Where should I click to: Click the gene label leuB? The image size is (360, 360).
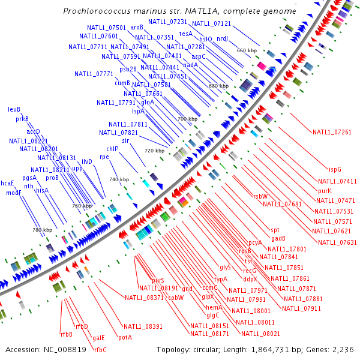(14, 109)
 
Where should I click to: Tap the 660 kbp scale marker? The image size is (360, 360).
(247, 50)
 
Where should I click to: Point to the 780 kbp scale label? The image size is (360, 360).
(42, 230)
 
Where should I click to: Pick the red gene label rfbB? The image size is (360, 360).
(66, 334)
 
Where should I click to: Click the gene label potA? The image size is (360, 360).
(125, 338)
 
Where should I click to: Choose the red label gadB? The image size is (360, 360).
(278, 238)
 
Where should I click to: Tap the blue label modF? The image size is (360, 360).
(14, 193)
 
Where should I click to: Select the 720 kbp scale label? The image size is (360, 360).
(154, 151)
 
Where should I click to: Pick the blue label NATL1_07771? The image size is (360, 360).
(94, 74)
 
